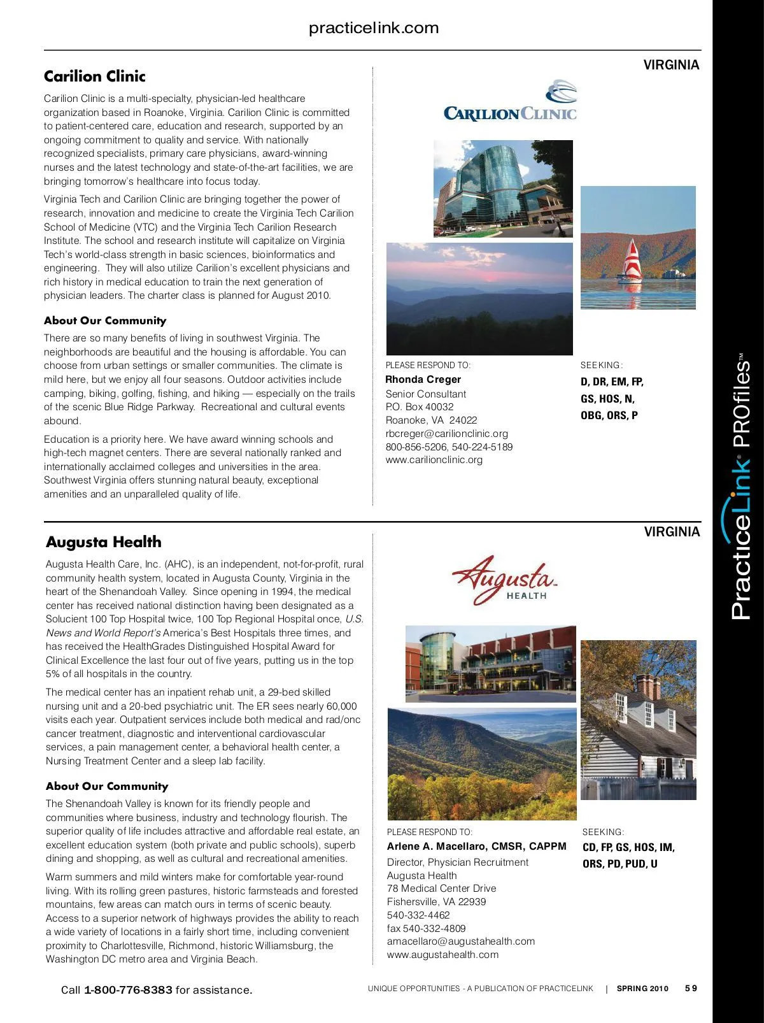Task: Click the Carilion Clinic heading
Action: tap(95, 76)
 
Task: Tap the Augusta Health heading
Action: tap(104, 542)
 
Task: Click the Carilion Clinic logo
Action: tap(510, 102)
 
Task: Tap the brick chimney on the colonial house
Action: tap(649, 687)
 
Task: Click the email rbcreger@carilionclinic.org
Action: tap(446, 433)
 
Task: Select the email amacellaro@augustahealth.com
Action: tap(461, 941)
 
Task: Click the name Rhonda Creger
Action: tap(423, 380)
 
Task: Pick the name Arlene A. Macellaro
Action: tap(437, 847)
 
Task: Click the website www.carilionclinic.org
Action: tap(434, 459)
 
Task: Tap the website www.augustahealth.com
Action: tap(442, 954)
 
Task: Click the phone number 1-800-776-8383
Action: tap(128, 990)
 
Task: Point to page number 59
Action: tap(691, 989)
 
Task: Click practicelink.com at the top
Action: tap(374, 28)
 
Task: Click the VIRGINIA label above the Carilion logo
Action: tap(671, 65)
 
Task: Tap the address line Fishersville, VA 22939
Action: tap(436, 901)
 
